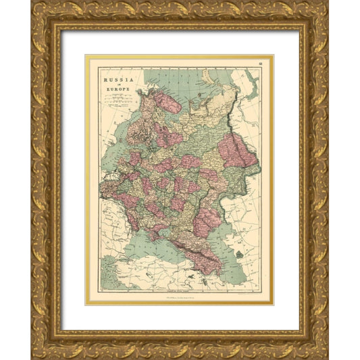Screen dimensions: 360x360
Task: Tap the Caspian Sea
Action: click(x=230, y=260)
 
